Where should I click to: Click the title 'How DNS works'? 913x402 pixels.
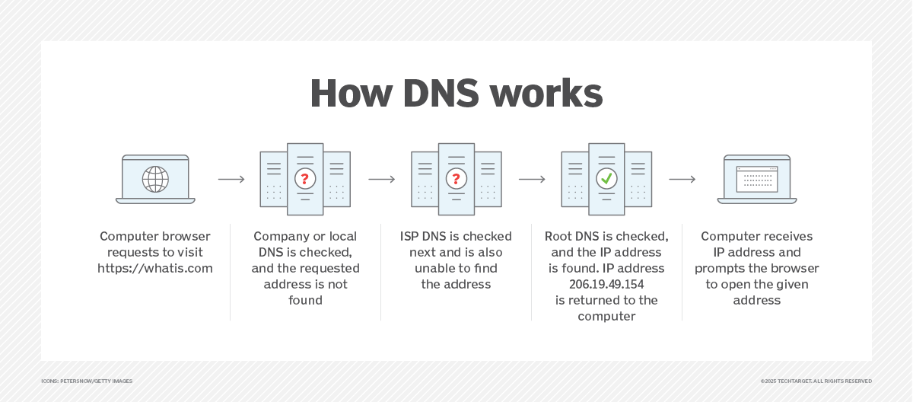coord(456,94)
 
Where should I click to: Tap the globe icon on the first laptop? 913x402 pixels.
coord(155,179)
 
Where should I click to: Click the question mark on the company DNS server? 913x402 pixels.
coord(305,179)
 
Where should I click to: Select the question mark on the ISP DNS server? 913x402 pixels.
coord(456,179)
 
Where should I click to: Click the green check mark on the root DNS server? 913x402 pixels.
coord(606,179)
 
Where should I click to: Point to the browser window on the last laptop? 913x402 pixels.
coord(756,179)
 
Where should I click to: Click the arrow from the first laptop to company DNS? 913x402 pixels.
coord(231,180)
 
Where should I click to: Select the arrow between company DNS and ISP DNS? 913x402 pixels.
coord(382,180)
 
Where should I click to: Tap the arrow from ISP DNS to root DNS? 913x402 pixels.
coord(532,180)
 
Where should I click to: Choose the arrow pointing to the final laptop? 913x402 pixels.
coord(682,180)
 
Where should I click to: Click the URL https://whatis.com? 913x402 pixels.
coord(155,268)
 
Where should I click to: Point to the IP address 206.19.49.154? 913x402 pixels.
coord(606,284)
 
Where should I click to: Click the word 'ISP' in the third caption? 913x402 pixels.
coord(411,236)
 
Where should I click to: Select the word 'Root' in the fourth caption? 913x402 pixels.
coord(559,236)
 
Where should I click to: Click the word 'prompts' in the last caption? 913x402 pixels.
coord(719,268)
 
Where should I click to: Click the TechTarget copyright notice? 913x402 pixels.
coord(816,381)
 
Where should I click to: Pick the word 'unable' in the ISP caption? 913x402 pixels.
coord(433,268)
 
